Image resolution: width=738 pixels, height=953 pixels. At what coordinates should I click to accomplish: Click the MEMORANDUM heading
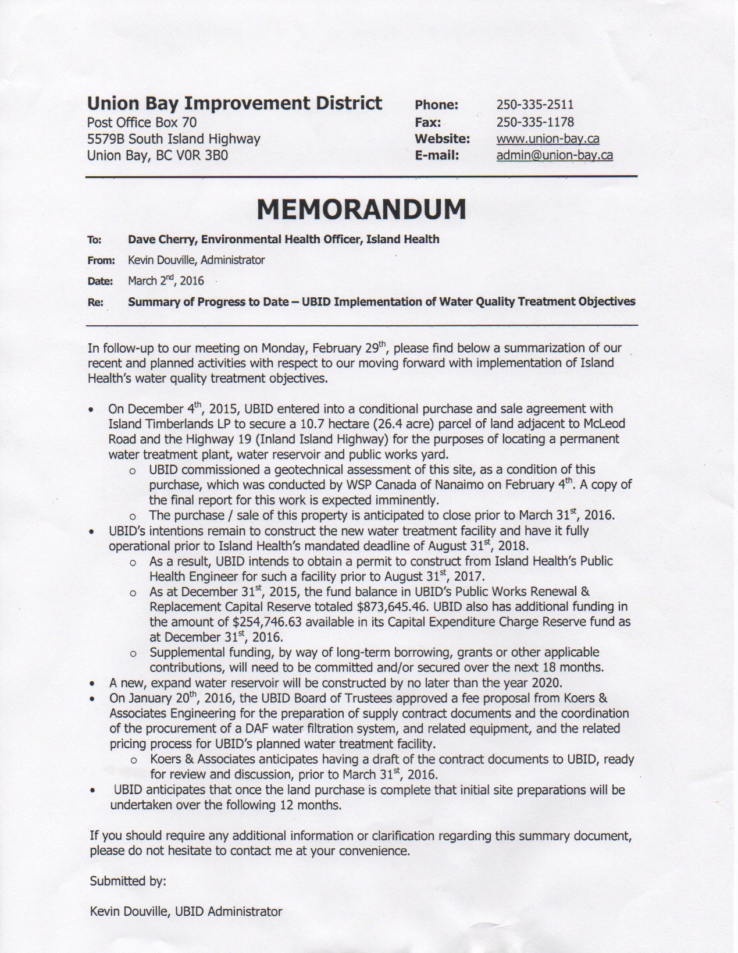pos(361,209)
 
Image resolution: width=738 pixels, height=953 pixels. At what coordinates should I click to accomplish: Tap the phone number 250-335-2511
pos(534,105)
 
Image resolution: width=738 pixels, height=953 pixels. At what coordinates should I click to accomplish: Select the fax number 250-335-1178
pos(534,122)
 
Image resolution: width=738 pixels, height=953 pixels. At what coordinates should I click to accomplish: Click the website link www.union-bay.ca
pos(547,139)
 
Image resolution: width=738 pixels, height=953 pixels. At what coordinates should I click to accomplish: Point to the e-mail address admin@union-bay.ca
pos(554,155)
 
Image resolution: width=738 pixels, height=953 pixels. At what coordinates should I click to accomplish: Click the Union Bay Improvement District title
pos(234,104)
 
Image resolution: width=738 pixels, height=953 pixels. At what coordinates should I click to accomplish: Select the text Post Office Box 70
pos(141,122)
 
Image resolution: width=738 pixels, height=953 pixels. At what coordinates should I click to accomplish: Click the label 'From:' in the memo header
pos(101,261)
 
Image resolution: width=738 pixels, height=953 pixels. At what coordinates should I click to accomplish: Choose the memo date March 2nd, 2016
pos(166,281)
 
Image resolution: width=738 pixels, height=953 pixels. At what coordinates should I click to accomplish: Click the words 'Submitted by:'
pos(127,881)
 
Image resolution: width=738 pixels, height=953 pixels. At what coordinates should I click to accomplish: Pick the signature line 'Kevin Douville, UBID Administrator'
pos(186,912)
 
